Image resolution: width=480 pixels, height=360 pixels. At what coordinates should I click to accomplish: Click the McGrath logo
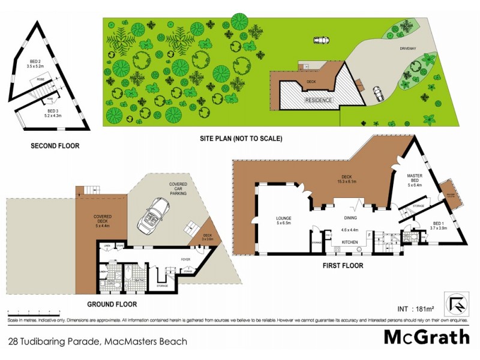click(427, 337)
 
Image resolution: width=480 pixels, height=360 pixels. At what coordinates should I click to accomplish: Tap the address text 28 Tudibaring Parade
click(98, 341)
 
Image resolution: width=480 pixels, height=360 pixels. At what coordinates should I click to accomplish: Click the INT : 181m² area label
click(415, 309)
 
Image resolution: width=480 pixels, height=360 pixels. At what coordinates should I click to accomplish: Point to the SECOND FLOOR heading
click(55, 145)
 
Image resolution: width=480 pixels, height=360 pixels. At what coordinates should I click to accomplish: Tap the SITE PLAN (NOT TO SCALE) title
click(241, 138)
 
